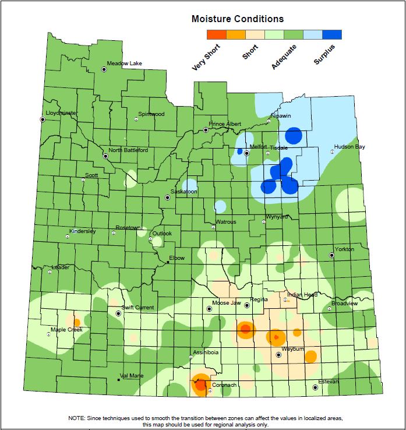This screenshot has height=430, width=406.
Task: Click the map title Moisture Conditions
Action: point(238,19)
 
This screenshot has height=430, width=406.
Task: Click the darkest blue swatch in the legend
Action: point(332,35)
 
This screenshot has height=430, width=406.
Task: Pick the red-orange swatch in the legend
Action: point(216,35)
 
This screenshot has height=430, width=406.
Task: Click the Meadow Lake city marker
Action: point(104,69)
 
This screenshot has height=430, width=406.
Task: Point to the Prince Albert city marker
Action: point(206,130)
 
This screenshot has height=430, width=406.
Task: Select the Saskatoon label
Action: point(183,191)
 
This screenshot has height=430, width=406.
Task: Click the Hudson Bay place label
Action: point(349,147)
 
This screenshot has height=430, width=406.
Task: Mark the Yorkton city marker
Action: point(332,255)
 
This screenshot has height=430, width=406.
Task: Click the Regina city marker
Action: point(246,305)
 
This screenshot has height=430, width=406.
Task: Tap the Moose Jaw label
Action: point(227,303)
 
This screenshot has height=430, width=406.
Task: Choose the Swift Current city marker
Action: point(118,313)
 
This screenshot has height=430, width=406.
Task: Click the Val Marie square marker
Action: point(119,380)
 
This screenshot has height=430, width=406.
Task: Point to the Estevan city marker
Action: point(315,387)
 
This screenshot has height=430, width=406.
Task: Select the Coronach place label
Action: point(224,385)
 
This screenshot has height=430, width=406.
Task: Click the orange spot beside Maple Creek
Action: point(76,322)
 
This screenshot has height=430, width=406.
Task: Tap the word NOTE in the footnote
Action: point(76,418)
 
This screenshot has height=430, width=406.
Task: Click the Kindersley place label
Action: point(82,231)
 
